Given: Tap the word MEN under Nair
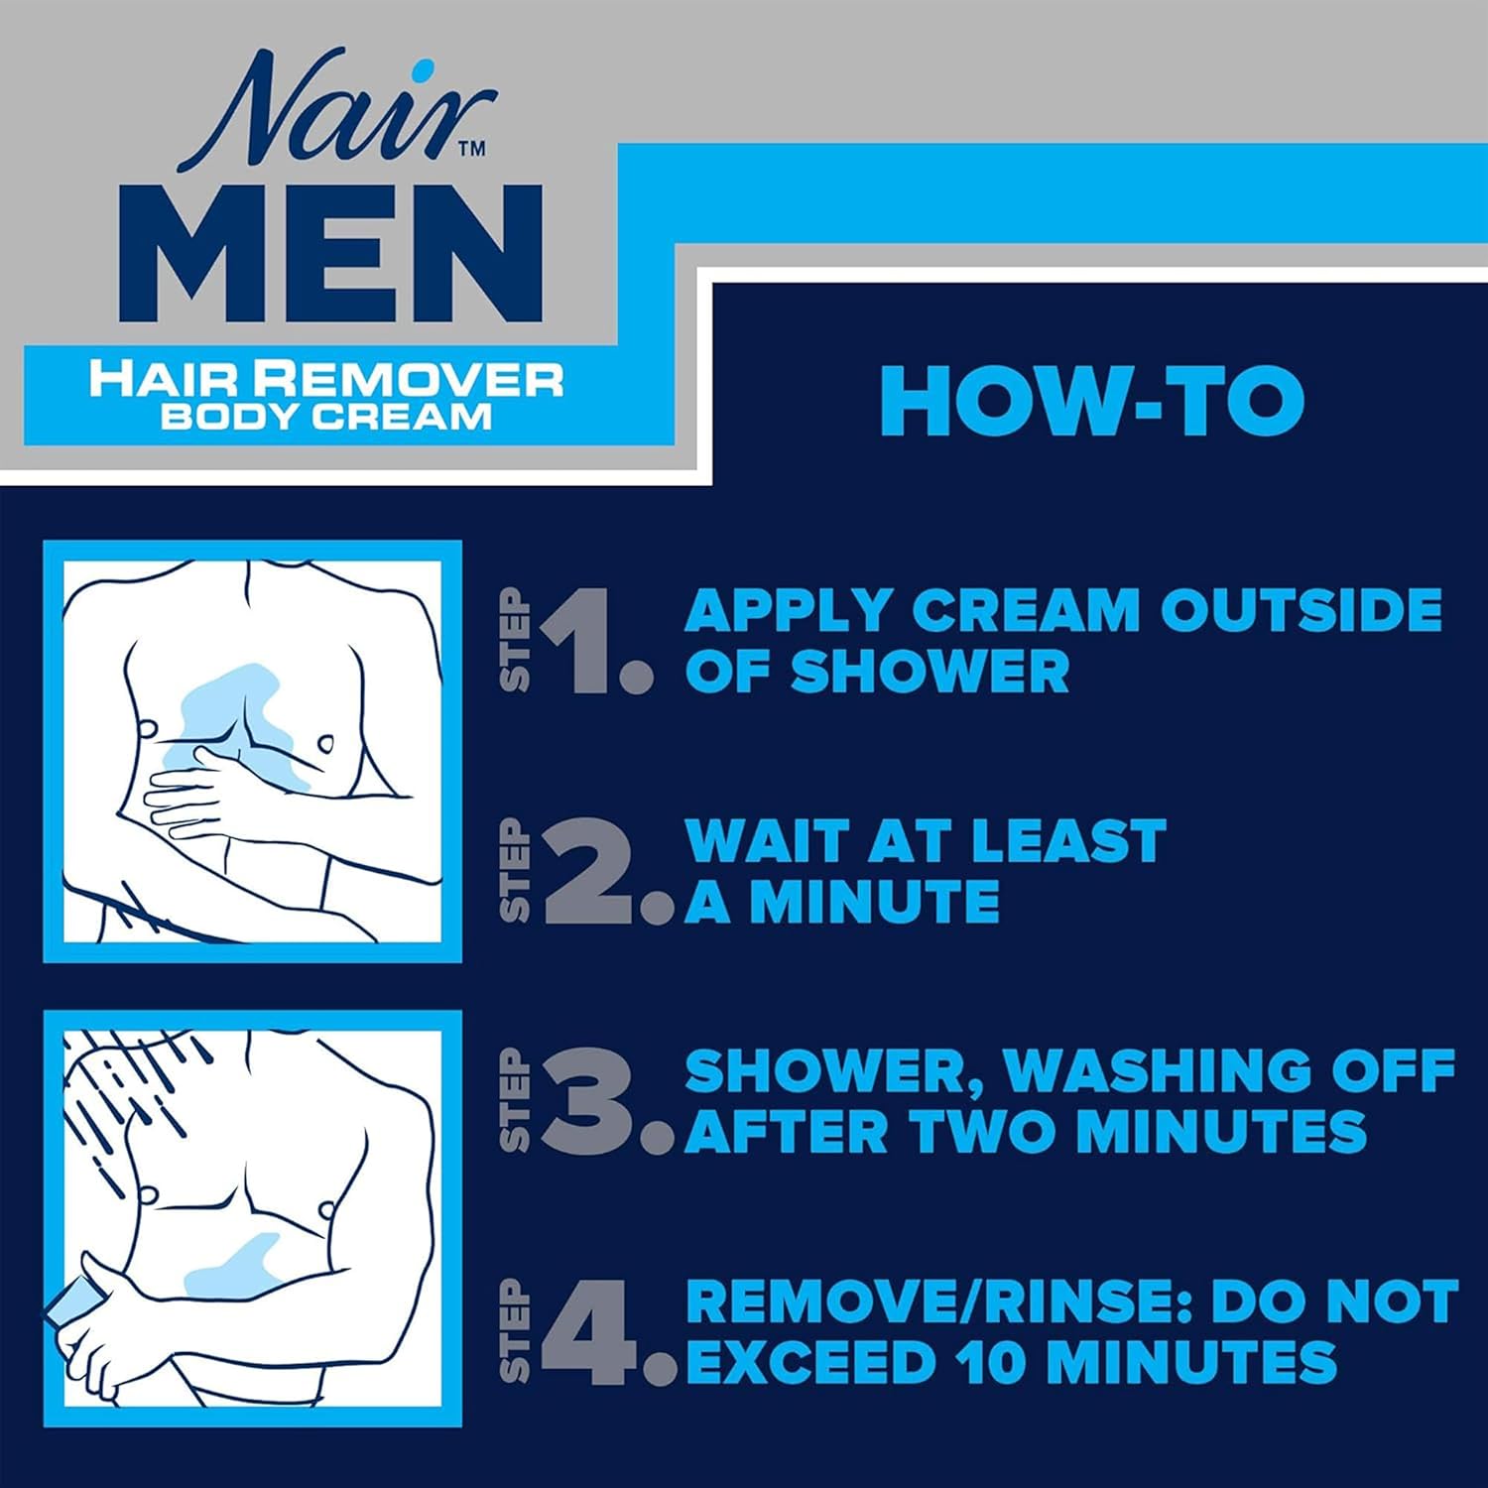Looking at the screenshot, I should pyautogui.click(x=337, y=253).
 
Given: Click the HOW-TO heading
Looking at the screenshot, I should pyautogui.click(x=1091, y=401).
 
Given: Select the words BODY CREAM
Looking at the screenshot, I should pyautogui.click(x=326, y=415).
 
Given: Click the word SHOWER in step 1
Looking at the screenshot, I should pyautogui.click(x=930, y=672).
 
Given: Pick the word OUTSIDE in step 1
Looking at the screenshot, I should pyautogui.click(x=1301, y=609).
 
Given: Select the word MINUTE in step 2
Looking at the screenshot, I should pyautogui.click(x=873, y=901).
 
